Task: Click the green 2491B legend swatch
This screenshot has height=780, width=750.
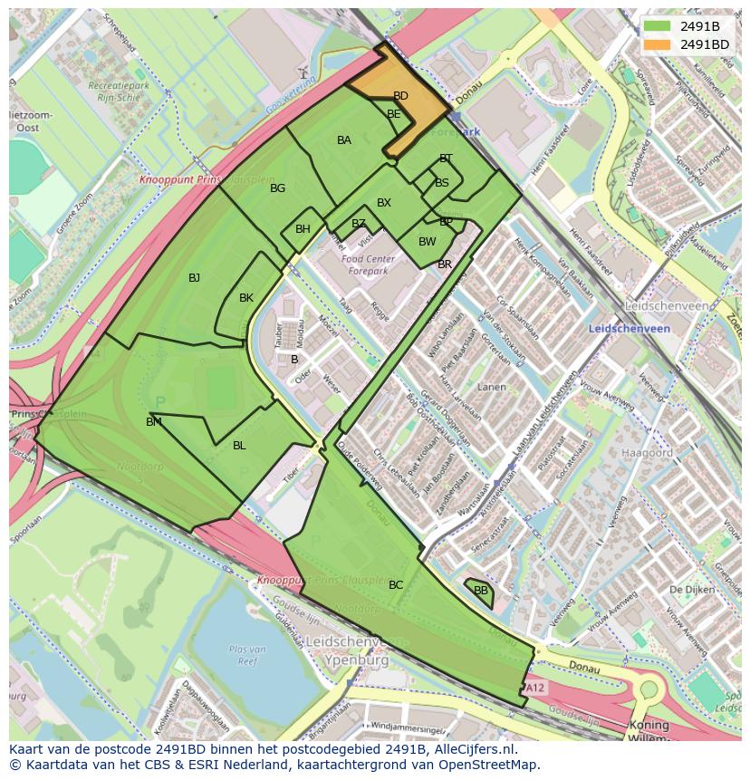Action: tap(659, 26)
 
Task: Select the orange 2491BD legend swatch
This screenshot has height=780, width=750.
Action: tap(659, 44)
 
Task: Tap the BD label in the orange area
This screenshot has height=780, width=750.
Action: tap(400, 96)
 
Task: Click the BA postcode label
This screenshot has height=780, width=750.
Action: tap(344, 140)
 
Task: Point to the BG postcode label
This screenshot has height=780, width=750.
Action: tap(278, 188)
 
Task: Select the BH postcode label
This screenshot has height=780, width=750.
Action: tap(303, 229)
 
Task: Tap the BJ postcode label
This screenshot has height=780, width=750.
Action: tap(195, 278)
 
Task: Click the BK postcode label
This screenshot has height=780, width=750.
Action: tap(246, 298)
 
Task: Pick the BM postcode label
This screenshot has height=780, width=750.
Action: tap(154, 422)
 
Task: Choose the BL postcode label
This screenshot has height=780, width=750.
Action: tap(239, 446)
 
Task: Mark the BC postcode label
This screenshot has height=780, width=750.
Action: tap(396, 585)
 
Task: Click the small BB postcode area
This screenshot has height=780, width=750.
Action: tap(480, 591)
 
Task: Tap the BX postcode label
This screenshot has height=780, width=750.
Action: tap(384, 203)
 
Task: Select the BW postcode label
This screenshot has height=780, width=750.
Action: tap(428, 242)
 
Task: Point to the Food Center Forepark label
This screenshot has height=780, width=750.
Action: tap(365, 265)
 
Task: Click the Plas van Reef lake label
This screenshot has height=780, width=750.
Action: tap(247, 654)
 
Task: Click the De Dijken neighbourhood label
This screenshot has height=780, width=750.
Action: tap(687, 590)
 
